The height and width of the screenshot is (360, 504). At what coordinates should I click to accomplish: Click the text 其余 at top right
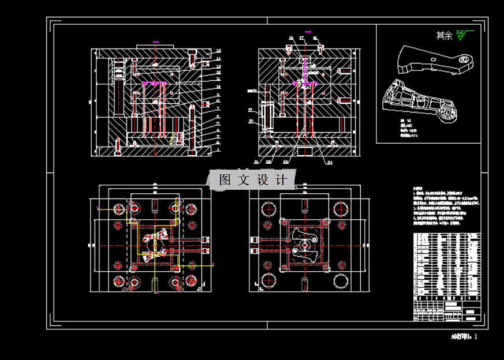pyautogui.click(x=444, y=36)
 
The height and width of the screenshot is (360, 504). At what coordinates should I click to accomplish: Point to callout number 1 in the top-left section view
pyautogui.click(x=219, y=149)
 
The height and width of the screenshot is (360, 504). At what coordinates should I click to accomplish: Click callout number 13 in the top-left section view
pyautogui.click(x=219, y=51)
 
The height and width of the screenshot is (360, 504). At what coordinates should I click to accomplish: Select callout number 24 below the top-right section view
pyautogui.click(x=330, y=163)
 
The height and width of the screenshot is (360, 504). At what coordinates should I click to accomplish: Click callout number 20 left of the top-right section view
pyautogui.click(x=251, y=121)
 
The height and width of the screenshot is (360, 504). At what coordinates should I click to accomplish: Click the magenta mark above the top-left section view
pyautogui.click(x=155, y=42)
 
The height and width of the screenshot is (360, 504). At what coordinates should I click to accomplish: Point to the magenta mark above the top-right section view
pyautogui.click(x=308, y=31)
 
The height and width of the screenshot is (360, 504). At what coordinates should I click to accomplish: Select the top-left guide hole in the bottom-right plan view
pyautogui.click(x=269, y=208)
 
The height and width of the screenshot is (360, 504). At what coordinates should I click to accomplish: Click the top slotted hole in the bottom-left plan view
pyautogui.click(x=155, y=205)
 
